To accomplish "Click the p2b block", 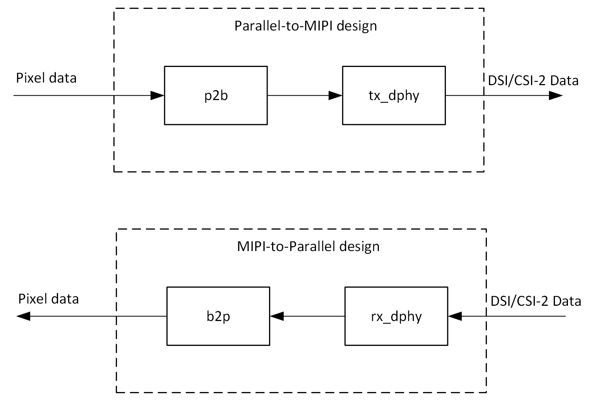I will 216,96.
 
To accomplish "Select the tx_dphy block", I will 394,96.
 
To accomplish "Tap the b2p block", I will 218,316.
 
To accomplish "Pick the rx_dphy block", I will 396,316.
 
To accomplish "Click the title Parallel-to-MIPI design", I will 306,26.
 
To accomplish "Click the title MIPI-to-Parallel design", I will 308,247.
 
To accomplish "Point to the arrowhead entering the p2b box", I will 157,96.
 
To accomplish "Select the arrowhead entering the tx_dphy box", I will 335,96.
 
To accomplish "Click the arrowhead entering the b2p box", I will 277,316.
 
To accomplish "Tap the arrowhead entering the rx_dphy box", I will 455,316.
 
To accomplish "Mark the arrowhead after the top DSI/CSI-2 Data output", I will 556,96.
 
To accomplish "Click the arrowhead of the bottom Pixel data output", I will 23,316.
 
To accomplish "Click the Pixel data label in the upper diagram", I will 46,78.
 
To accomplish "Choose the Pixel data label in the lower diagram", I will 48,299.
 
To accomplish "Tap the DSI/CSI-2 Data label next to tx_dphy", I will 533,80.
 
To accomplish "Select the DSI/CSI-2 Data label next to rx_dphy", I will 536,301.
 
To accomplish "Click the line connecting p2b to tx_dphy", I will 298,96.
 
